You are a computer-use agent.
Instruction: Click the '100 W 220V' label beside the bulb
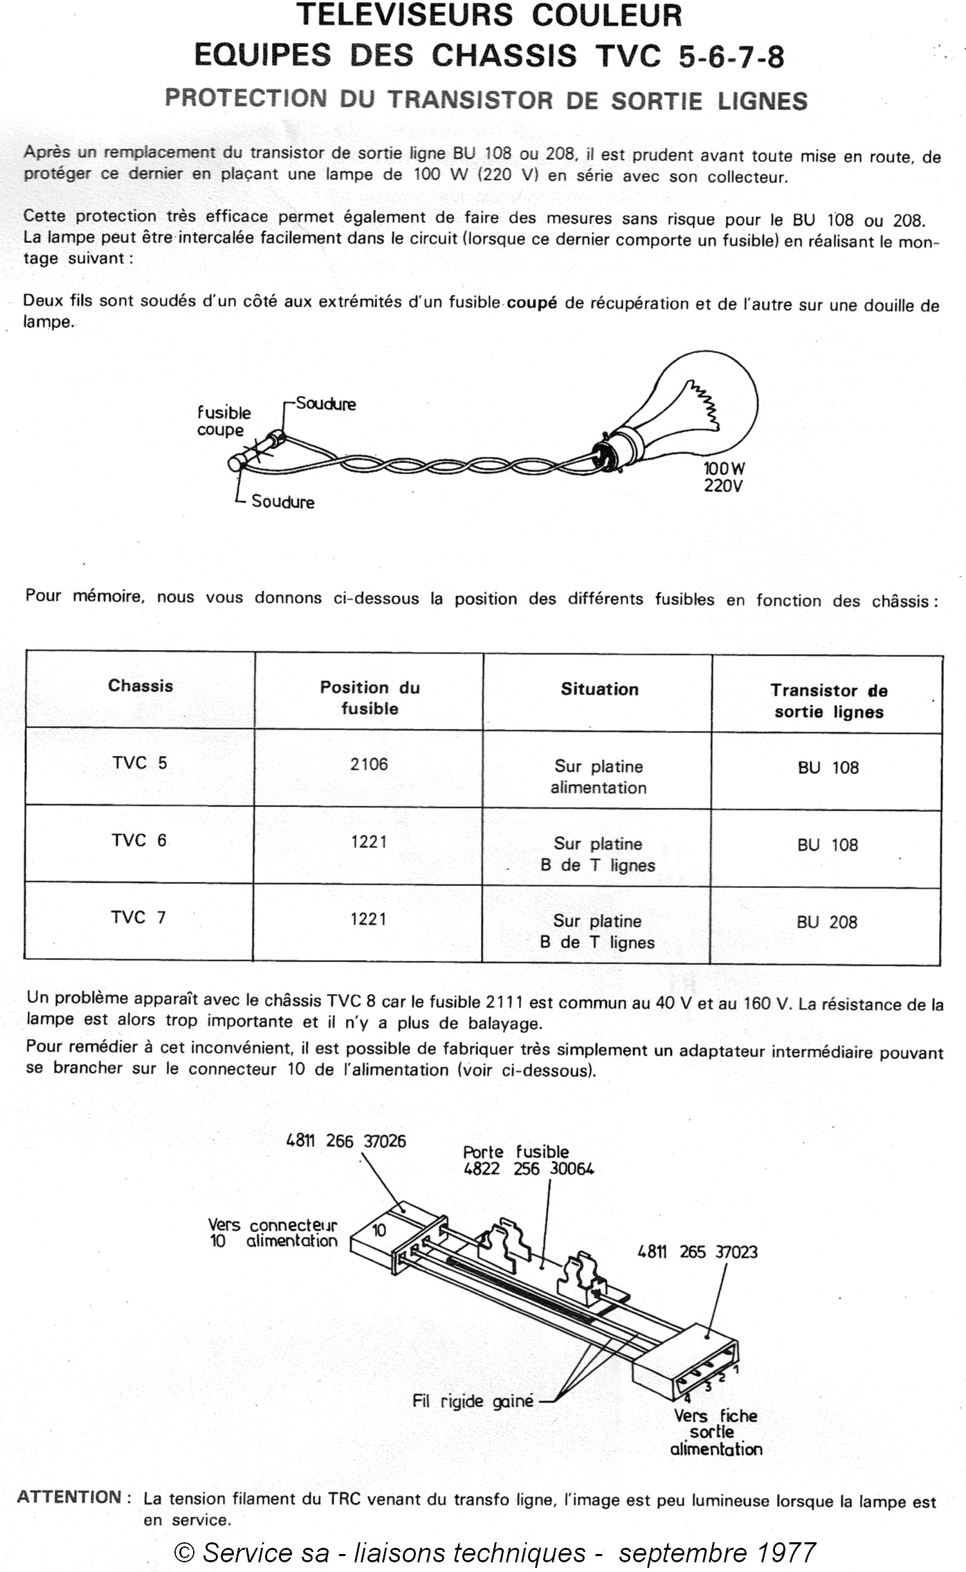[x=724, y=477]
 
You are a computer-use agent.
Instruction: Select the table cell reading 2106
[x=369, y=764]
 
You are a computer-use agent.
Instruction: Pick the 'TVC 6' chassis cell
[x=139, y=840]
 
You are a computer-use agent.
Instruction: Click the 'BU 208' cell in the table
[x=827, y=922]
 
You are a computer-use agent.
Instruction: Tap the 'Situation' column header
[x=599, y=689]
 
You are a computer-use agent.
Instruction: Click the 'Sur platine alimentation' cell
[x=599, y=777]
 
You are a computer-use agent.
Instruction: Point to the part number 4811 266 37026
[x=346, y=1141]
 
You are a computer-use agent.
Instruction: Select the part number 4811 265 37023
[x=698, y=1252]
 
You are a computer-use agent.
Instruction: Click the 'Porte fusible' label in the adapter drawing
[x=516, y=1152]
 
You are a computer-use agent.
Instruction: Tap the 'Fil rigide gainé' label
[x=473, y=1401]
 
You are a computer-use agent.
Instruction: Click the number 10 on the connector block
[x=379, y=1230]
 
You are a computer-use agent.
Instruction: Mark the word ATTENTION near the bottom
[x=69, y=1497]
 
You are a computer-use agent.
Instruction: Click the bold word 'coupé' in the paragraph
[x=531, y=302]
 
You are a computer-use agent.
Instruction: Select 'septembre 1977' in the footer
[x=717, y=1553]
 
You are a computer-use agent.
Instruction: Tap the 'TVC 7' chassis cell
[x=138, y=917]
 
